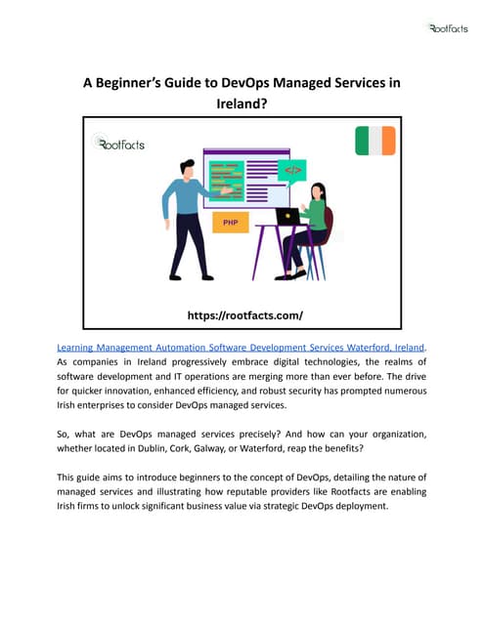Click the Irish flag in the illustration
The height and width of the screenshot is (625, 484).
click(374, 141)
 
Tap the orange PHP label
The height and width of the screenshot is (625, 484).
click(231, 223)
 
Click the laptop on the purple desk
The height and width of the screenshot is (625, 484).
click(288, 216)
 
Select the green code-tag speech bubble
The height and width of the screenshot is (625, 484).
click(292, 171)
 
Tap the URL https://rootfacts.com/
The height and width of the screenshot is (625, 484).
click(243, 315)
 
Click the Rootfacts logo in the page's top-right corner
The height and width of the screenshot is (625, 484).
click(448, 28)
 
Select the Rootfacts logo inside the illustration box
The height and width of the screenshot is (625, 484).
click(119, 144)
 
